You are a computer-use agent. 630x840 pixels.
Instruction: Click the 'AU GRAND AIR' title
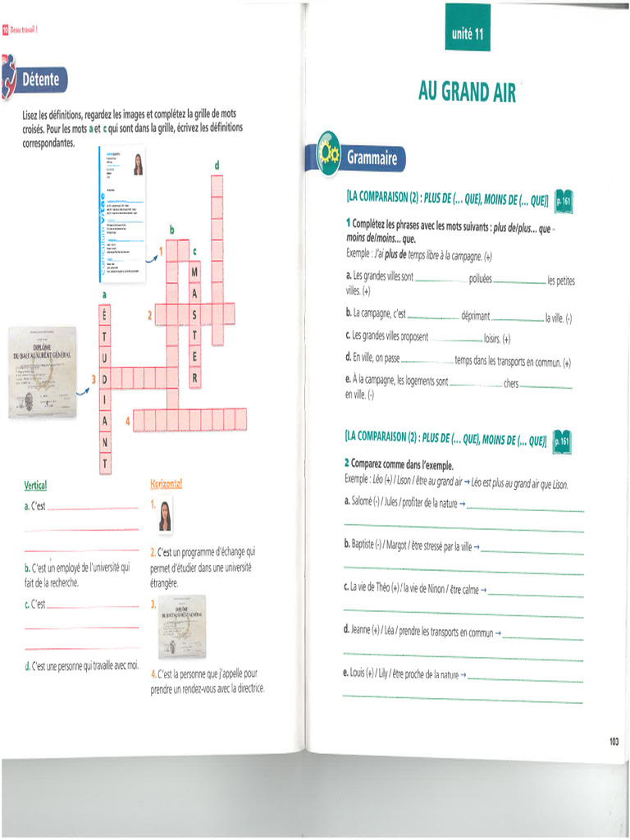click(467, 92)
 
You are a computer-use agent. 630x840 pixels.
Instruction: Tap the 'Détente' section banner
click(39, 80)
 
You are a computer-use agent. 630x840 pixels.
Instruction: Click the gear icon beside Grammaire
click(327, 153)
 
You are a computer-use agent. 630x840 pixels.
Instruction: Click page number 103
click(614, 742)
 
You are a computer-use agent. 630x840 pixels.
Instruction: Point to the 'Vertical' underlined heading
click(36, 485)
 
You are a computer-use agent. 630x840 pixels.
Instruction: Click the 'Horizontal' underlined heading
click(166, 485)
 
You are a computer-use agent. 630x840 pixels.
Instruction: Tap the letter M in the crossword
click(194, 271)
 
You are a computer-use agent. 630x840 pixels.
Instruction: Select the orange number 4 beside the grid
click(127, 421)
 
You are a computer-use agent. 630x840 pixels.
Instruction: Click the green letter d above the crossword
click(217, 166)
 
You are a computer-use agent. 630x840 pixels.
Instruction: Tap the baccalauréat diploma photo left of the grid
click(42, 372)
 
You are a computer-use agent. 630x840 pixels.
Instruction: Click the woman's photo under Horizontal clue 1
click(165, 516)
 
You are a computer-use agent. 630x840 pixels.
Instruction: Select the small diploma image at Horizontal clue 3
click(182, 626)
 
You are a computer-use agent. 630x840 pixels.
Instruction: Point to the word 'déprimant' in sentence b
click(475, 315)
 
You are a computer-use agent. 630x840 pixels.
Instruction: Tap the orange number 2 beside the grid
click(149, 314)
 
